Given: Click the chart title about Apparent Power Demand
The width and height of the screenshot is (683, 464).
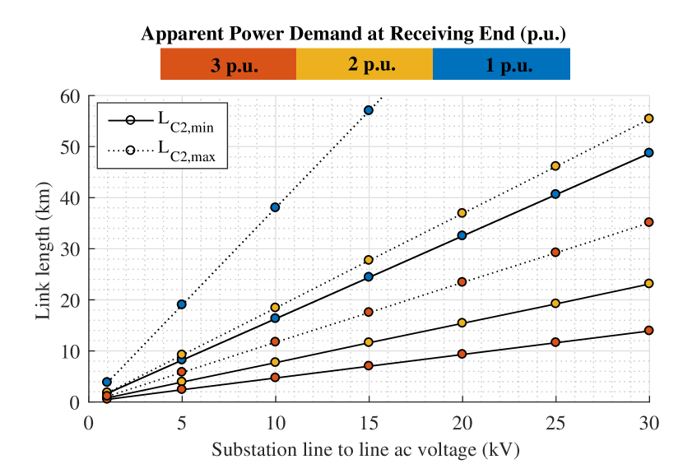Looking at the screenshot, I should point(353,34).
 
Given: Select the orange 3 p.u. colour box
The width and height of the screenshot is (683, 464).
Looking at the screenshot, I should point(228,64).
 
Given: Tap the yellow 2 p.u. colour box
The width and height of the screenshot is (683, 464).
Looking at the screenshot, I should point(365,64).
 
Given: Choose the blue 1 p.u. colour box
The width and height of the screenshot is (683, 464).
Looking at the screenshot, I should point(501,64).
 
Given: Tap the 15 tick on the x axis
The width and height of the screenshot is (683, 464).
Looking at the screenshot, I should point(369,420).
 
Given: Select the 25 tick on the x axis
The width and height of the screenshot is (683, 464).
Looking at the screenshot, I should point(555,420).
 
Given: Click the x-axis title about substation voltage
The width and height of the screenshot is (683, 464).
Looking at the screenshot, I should point(366,450).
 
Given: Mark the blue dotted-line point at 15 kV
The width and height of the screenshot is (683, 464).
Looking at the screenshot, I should point(369,110).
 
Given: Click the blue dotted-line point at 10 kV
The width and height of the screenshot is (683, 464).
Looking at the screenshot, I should point(275,207).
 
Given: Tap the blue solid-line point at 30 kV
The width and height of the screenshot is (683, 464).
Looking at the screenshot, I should point(648,153).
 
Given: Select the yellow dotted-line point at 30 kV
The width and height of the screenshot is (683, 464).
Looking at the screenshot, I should point(648,118).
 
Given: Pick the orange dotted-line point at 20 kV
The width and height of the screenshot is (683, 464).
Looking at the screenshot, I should point(462,282).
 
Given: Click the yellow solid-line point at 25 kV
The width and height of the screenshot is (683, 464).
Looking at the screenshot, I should point(555,304).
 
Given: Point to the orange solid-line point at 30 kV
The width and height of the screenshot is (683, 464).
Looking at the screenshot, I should point(648,331).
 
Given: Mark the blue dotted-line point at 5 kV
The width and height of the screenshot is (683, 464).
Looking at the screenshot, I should point(182,304).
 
